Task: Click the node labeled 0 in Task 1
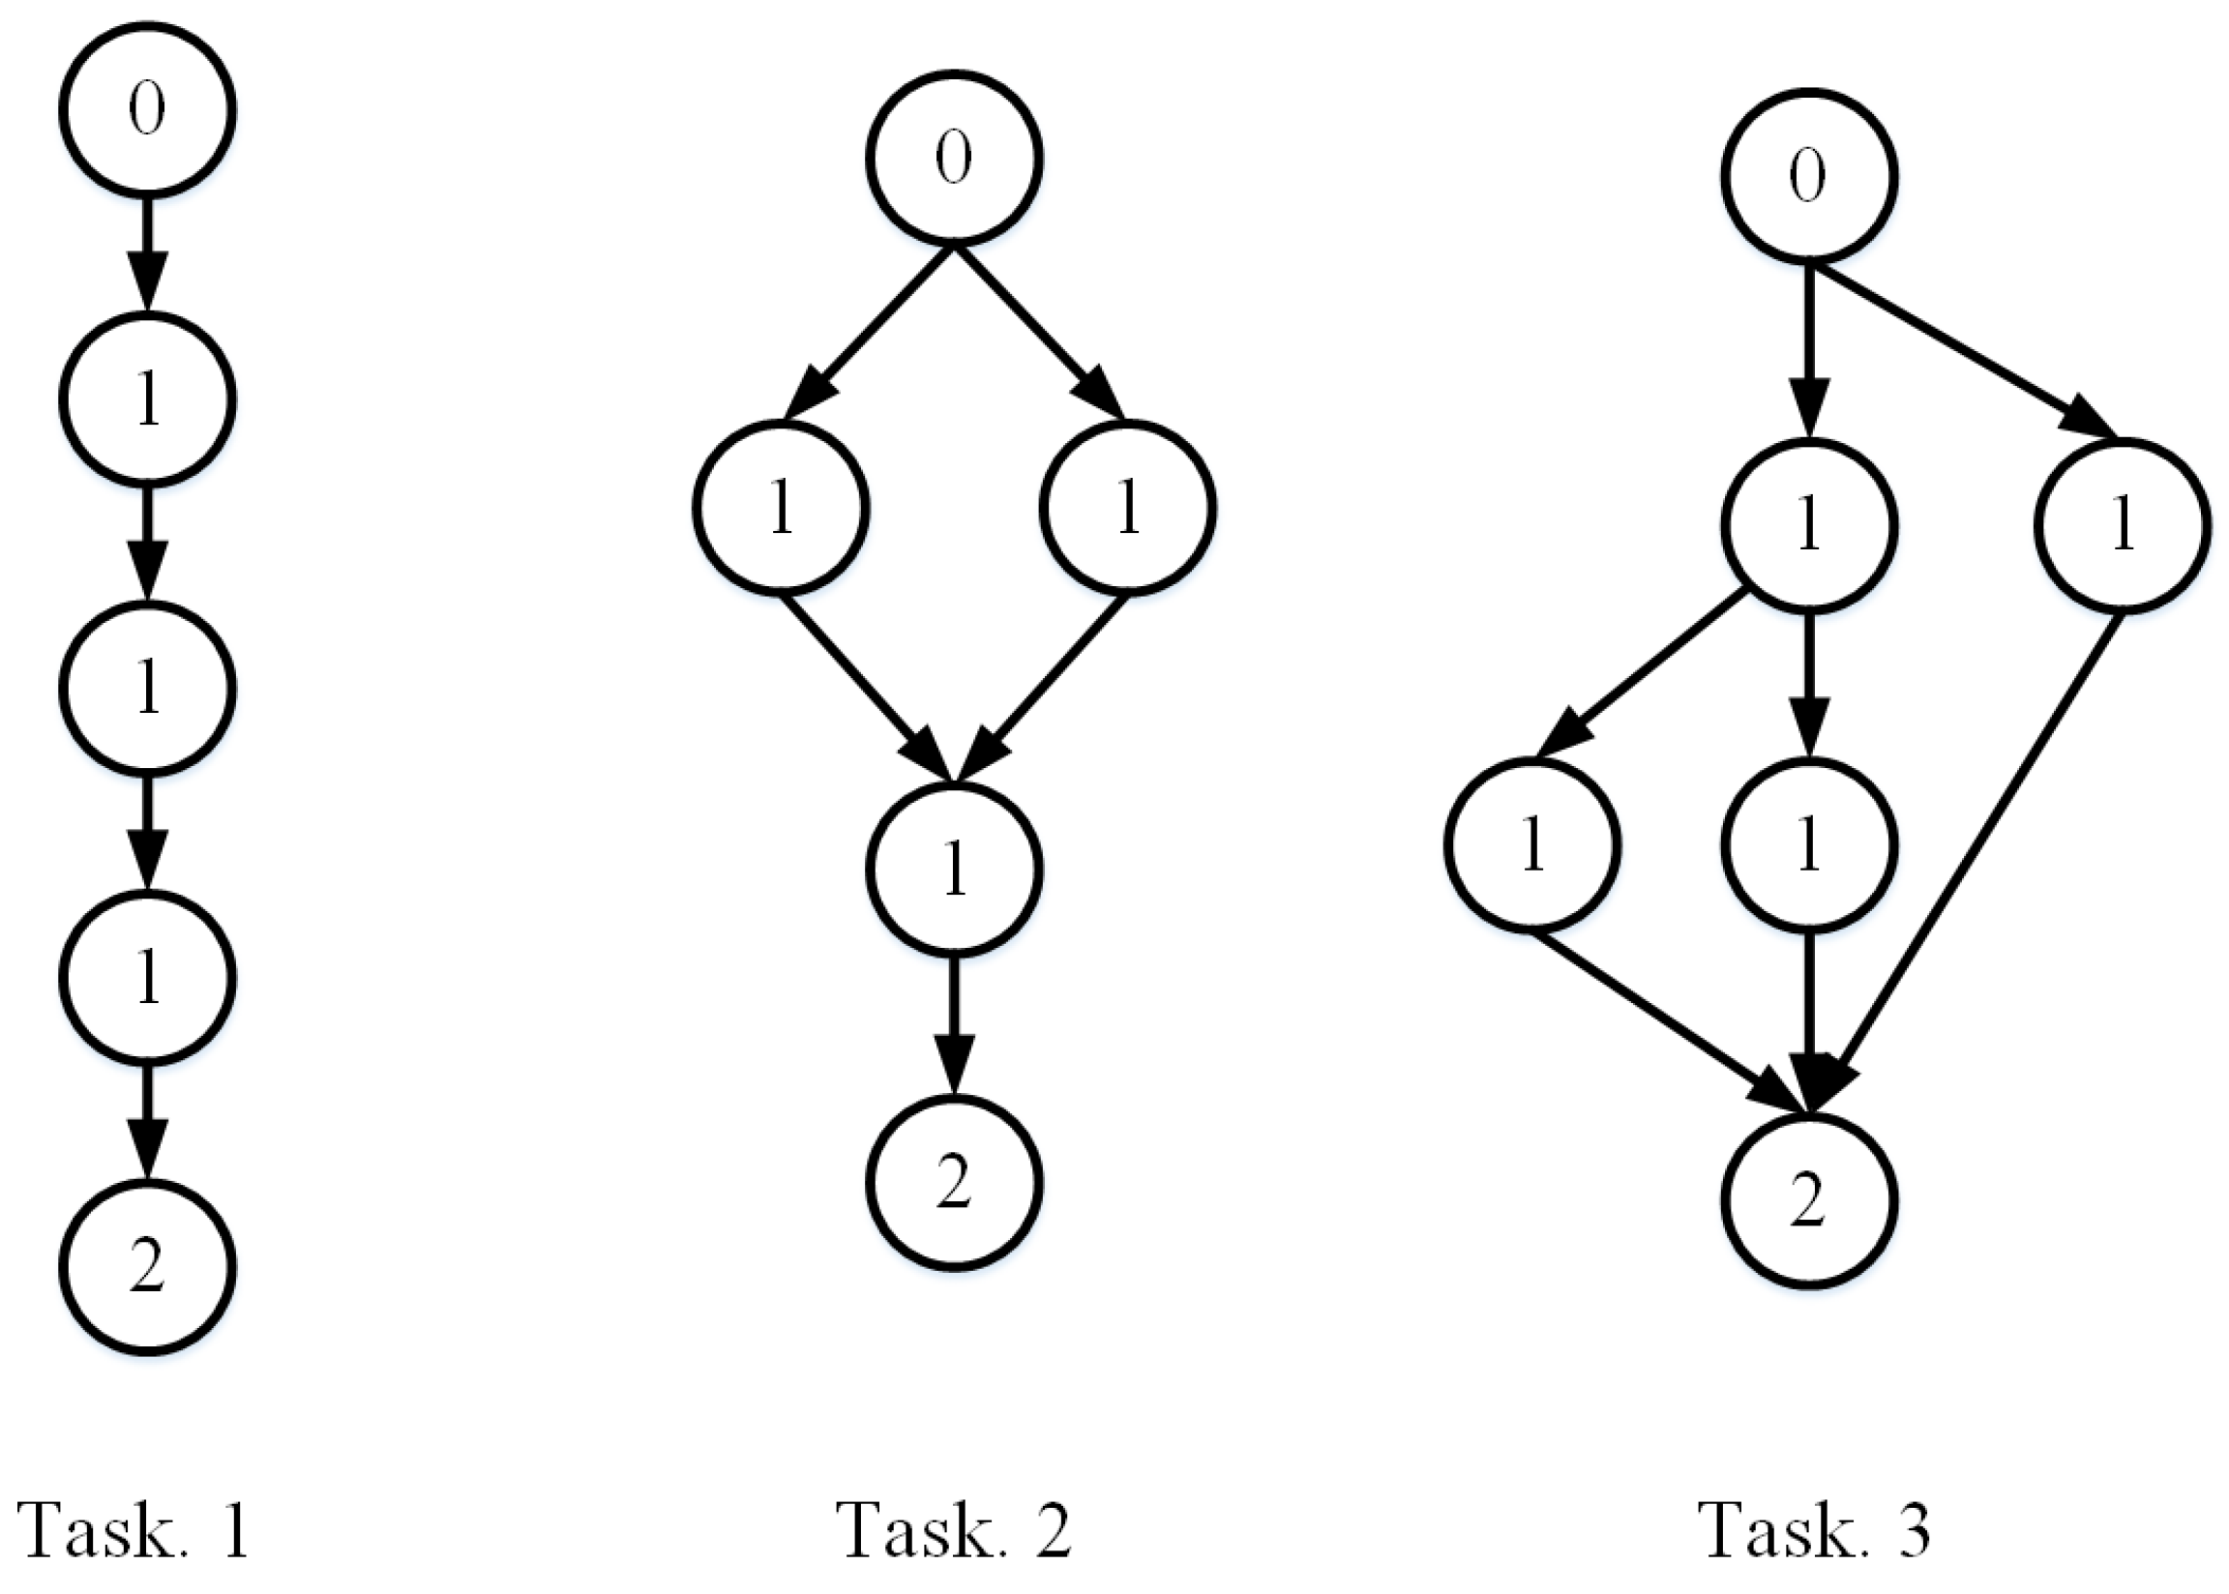tap(147, 109)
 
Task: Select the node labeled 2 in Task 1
tap(147, 1267)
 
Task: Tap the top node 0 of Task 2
tap(953, 157)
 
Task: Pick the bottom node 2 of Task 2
tap(953, 1182)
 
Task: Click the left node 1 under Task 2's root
tap(782, 508)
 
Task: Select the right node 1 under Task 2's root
tap(1128, 508)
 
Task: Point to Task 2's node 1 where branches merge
tap(953, 869)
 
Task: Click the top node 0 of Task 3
tap(1808, 176)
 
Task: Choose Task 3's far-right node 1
tap(2122, 526)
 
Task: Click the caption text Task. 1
tap(133, 1529)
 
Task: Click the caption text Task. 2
tap(954, 1529)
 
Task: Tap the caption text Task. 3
tap(1814, 1529)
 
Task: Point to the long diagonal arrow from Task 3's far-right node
tap(1973, 854)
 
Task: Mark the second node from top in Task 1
tap(147, 399)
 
